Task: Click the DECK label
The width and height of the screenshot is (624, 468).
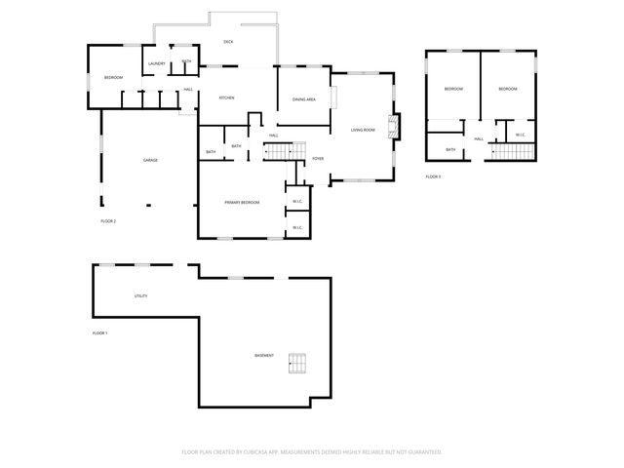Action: pos(228,42)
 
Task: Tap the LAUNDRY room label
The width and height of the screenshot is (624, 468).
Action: pos(157,64)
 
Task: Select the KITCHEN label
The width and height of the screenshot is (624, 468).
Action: pos(226,97)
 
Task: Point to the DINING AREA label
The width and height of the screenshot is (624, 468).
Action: pos(303,98)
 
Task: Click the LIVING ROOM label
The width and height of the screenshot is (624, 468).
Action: pos(363,130)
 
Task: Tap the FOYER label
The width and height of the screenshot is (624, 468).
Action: pos(318,158)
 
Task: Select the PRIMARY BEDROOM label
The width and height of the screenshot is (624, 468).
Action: pos(242,202)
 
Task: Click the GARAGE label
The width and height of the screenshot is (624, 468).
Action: pos(150,160)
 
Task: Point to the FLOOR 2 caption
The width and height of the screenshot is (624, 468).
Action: pos(108,221)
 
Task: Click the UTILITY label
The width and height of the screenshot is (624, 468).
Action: pos(140,295)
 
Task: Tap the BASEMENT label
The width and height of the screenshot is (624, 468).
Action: pos(264,355)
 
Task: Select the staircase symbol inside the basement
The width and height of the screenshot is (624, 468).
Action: pos(298,365)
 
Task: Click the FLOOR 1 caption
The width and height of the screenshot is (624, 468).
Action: pos(99,333)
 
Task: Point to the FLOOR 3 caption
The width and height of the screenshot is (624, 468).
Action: pos(433,176)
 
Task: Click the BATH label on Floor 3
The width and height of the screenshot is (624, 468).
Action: pos(450,149)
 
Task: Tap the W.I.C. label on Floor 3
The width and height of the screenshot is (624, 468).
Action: pos(520,135)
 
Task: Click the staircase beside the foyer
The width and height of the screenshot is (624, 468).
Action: pos(280,151)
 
